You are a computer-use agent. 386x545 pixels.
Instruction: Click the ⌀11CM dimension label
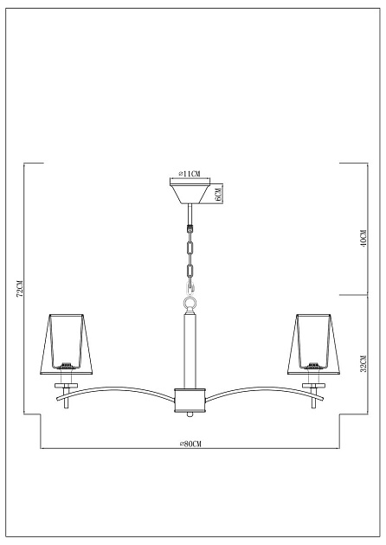tap(189, 174)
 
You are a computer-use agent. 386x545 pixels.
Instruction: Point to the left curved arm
tap(121, 391)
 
